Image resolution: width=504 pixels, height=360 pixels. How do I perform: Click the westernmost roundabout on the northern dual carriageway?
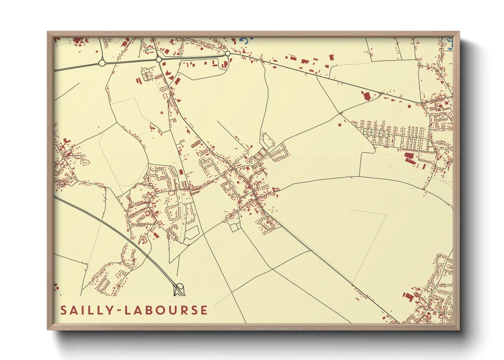101,63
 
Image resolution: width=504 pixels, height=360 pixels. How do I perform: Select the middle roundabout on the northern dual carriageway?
159,60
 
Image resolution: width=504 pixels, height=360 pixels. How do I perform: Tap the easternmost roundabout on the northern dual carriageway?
227,53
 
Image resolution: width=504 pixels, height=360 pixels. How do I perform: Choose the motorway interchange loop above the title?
179,290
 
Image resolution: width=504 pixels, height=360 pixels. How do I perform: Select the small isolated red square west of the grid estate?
339,125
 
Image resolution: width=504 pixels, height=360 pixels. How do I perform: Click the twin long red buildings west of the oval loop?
138,81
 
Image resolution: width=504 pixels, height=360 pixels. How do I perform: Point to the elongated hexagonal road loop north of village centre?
267,140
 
